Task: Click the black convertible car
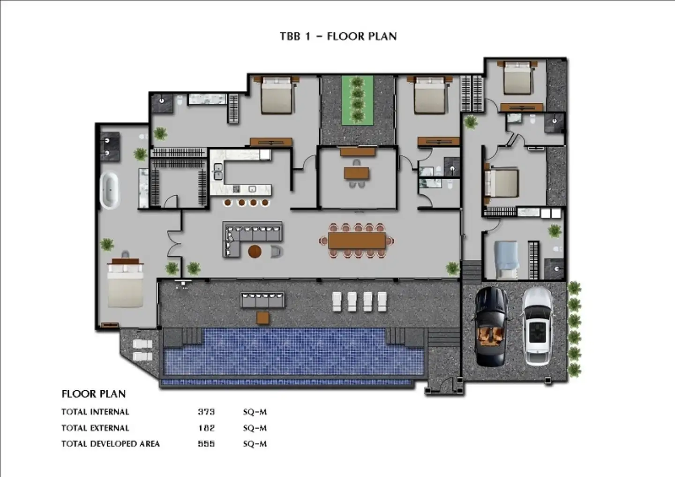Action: tap(491, 327)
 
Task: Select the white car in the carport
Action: tap(538, 326)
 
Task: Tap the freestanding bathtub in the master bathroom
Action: tap(109, 190)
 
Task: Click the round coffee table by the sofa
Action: tap(255, 251)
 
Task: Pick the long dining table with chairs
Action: tap(357, 241)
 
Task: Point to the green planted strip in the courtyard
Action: tap(357, 100)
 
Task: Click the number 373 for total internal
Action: tap(206, 412)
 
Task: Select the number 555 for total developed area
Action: tap(206, 444)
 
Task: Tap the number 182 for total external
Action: tap(206, 428)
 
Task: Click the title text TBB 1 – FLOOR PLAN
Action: tap(338, 37)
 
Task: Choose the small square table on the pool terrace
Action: tap(263, 318)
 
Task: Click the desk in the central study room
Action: tap(357, 174)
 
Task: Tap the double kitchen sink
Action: tap(218, 171)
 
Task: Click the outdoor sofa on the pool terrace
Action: tap(262, 300)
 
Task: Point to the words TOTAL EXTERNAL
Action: tap(95, 428)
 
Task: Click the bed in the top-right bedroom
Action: tap(517, 78)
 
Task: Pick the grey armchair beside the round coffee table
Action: tap(277, 252)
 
